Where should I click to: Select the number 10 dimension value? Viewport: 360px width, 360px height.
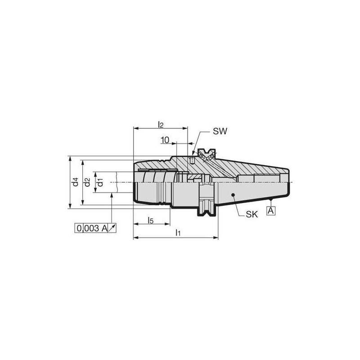165,140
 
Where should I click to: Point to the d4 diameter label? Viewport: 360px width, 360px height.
75,182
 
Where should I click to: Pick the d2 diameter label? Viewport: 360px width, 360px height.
87,182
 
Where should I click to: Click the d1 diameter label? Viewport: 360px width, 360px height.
100,182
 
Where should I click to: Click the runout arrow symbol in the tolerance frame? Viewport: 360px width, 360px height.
112,229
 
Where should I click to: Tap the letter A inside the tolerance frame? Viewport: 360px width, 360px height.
104,229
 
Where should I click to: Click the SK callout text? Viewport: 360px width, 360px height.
252,215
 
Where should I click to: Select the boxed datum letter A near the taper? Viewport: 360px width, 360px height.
271,210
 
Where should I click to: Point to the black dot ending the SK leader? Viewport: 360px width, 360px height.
233,195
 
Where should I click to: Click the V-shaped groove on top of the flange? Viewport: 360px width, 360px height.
207,153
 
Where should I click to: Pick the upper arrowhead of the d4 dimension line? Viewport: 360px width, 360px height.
69,158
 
